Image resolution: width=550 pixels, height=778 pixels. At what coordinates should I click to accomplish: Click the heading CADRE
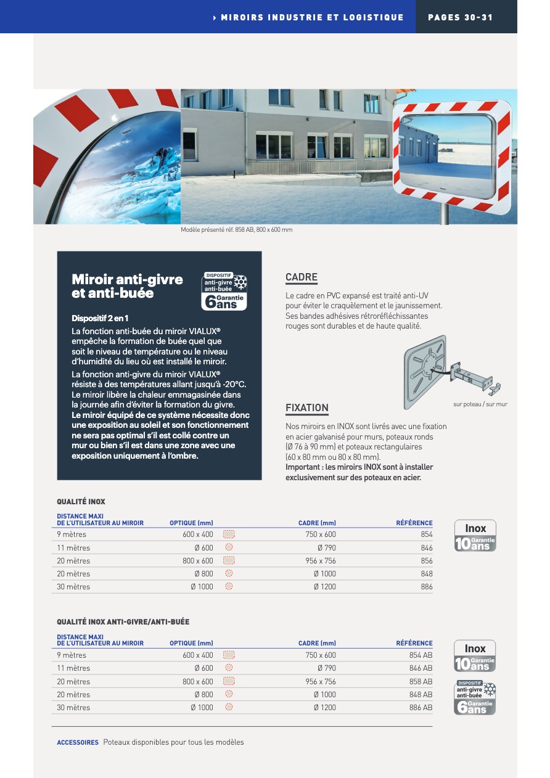pos(302,277)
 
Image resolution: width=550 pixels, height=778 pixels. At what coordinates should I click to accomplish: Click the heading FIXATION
pos(307,407)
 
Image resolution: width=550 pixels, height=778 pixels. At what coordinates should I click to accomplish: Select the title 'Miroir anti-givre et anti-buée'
pos(127,286)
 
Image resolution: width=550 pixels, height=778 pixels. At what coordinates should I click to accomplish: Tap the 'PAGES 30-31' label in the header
pos(461,17)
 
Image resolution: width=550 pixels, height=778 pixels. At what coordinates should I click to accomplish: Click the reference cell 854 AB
pos(421,655)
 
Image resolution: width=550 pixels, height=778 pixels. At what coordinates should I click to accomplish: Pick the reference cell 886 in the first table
pos(427,587)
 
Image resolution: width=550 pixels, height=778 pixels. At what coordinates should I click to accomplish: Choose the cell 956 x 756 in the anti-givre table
pos(321,682)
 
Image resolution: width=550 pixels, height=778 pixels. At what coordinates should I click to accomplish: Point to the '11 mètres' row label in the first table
pos(73,548)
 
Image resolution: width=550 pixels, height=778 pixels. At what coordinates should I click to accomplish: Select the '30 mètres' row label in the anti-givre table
pos(73,708)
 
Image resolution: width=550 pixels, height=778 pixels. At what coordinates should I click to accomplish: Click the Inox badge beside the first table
pos(475,535)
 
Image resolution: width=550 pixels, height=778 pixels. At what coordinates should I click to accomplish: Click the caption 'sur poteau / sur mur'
pos(480,404)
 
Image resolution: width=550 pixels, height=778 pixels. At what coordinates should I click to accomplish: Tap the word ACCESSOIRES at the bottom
pos(78,742)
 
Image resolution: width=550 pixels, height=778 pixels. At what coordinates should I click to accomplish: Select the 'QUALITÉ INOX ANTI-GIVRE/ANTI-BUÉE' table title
pos(123,622)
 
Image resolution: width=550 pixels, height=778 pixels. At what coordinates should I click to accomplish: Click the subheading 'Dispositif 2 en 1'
pos(100,318)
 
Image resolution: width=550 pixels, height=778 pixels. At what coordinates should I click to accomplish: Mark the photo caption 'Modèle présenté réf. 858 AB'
pos(236,230)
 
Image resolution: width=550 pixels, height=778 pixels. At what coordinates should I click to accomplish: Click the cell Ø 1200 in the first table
pos(324,587)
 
